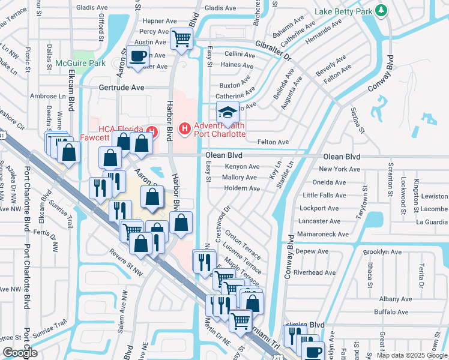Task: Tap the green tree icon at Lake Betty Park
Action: point(380,10)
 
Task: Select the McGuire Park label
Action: point(76,63)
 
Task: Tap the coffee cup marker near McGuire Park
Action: point(138,56)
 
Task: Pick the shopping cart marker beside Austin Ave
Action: point(181,39)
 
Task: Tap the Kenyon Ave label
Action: point(242,166)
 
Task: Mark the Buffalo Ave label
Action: point(391,312)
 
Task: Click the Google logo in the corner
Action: point(19,352)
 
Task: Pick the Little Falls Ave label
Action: point(325,195)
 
